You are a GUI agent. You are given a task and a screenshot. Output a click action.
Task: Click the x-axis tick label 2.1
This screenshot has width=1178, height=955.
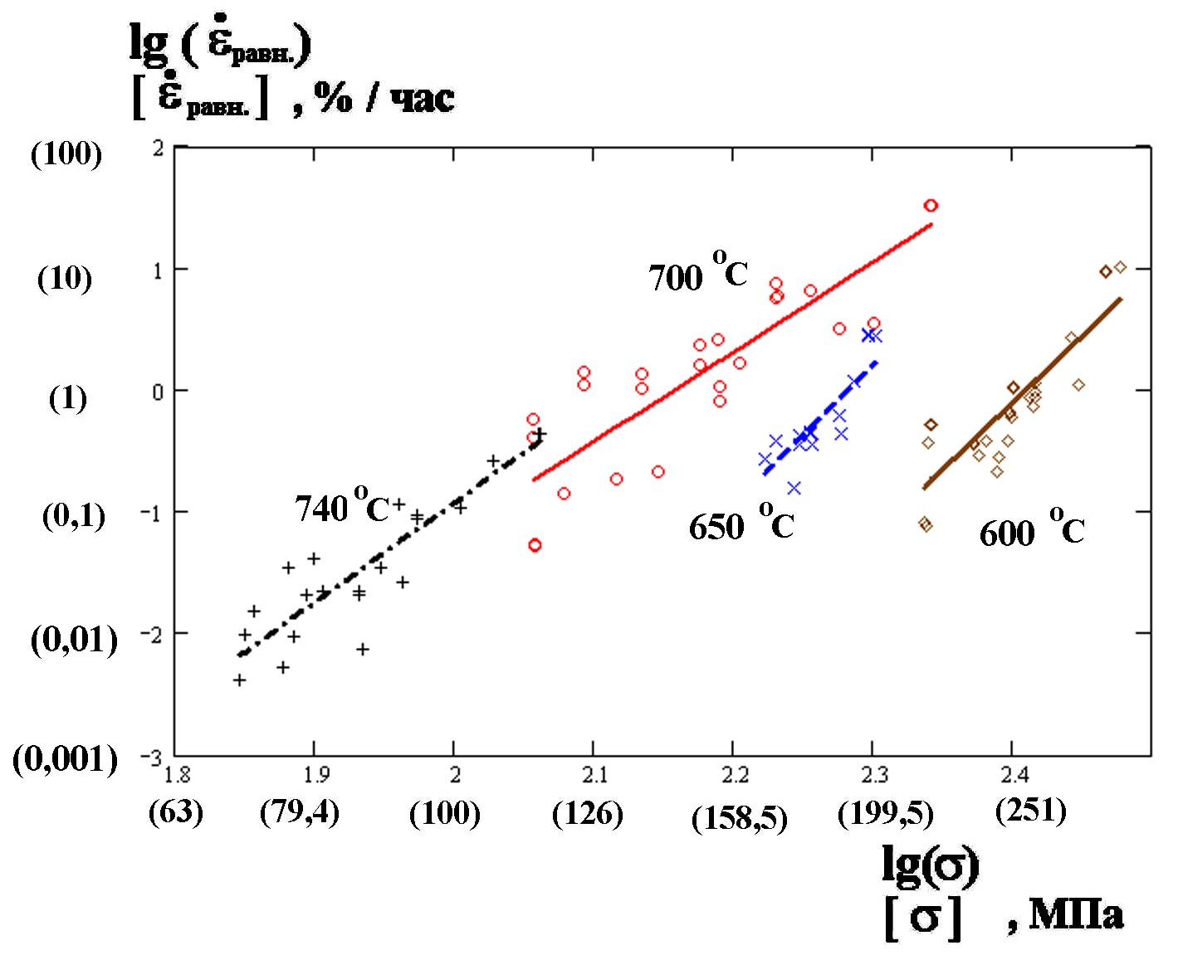594,775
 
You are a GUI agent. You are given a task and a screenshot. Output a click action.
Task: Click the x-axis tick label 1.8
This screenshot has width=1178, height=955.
176,775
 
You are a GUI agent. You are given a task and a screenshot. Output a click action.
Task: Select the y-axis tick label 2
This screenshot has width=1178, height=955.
158,148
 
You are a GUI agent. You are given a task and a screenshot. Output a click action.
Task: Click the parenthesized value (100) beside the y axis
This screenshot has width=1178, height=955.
66,153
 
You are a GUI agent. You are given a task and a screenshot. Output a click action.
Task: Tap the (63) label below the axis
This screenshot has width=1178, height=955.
175,811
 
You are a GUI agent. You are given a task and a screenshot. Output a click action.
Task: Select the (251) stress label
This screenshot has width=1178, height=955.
1030,809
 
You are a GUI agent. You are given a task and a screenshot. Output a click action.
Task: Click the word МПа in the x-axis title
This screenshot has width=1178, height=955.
1076,914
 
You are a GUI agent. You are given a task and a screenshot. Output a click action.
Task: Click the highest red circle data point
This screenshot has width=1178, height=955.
931,205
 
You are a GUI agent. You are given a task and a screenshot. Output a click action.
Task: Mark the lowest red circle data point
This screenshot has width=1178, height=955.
535,545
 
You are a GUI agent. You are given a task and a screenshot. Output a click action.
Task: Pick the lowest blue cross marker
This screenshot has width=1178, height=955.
794,488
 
